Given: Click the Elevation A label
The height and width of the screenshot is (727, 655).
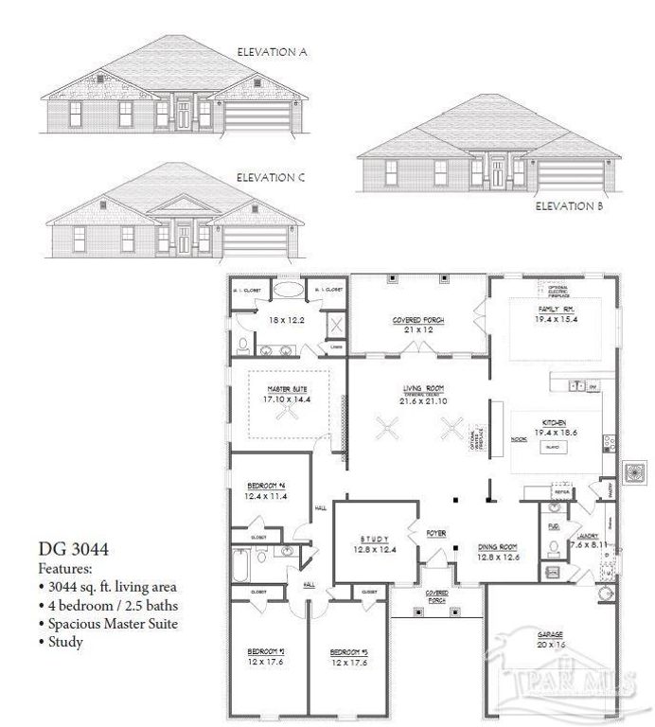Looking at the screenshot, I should pyautogui.click(x=273, y=52).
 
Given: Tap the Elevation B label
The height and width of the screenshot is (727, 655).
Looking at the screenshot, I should pyautogui.click(x=570, y=205).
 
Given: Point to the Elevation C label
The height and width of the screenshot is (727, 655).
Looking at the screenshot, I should pyautogui.click(x=271, y=177).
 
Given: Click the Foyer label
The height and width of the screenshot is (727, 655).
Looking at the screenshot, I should pyautogui.click(x=435, y=533).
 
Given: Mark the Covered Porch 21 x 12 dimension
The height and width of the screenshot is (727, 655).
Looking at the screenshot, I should pyautogui.click(x=417, y=330).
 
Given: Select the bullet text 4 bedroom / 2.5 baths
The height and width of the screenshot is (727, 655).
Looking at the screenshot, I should pyautogui.click(x=112, y=606).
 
